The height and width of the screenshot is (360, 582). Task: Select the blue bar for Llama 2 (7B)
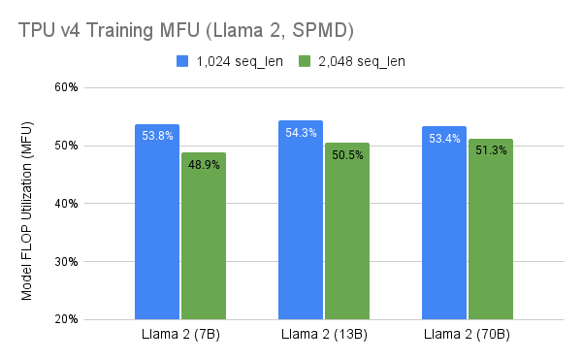click(x=157, y=228)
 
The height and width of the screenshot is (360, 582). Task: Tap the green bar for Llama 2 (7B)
click(x=204, y=238)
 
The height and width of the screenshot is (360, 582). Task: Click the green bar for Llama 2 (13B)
click(x=347, y=233)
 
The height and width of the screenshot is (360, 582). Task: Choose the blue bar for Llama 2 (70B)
click(x=444, y=228)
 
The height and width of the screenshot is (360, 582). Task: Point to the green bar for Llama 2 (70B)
click(x=491, y=233)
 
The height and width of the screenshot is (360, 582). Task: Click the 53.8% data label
click(x=157, y=136)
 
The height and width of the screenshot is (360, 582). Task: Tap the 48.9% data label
click(x=204, y=165)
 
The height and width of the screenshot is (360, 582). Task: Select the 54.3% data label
click(x=301, y=133)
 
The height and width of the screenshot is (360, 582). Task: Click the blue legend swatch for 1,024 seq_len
click(x=181, y=61)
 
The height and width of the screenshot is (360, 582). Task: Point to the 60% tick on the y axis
click(x=66, y=87)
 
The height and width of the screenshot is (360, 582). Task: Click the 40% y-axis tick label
click(x=66, y=204)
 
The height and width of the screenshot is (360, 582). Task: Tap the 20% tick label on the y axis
click(x=66, y=319)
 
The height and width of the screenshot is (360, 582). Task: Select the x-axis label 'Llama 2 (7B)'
click(x=180, y=336)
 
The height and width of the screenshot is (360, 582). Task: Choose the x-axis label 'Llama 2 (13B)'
click(x=324, y=336)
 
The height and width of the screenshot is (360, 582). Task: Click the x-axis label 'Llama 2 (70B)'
click(x=468, y=336)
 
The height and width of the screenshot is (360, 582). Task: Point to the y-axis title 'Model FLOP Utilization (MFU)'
click(x=28, y=203)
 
